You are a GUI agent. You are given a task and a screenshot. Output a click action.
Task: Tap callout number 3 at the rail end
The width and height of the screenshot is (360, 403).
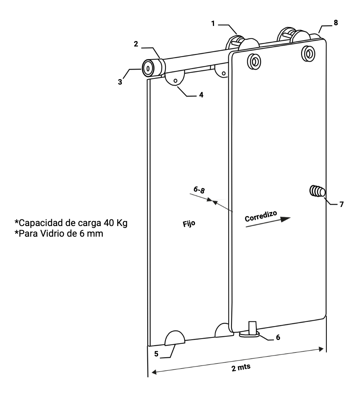tap(120, 82)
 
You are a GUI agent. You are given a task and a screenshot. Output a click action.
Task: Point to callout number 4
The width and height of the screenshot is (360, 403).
tap(201, 94)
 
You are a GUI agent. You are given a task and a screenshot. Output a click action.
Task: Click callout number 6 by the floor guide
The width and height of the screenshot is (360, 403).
tap(278, 337)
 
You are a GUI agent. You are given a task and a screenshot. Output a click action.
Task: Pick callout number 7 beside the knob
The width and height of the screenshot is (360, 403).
tap(341, 204)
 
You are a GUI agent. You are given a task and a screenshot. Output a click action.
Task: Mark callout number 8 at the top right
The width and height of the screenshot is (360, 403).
tap(336, 23)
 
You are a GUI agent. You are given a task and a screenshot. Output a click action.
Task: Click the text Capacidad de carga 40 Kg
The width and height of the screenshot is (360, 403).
tap(71, 223)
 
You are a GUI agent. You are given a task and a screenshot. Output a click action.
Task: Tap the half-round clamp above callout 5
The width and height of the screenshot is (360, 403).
tap(175, 339)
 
